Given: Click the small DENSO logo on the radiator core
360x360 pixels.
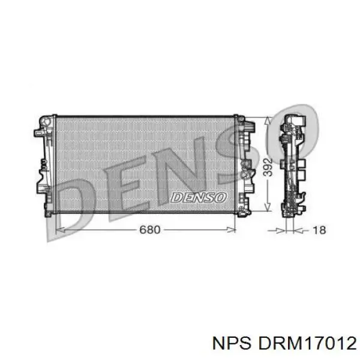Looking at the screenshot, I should (198, 197).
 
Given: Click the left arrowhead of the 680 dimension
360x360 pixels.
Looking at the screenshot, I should (59, 230).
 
